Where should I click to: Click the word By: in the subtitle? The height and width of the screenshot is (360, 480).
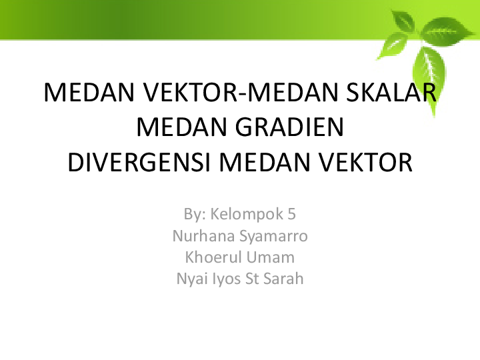(x=194, y=214)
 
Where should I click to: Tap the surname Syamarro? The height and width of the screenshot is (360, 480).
(x=270, y=236)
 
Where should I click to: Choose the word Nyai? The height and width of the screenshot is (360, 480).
(x=190, y=279)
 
